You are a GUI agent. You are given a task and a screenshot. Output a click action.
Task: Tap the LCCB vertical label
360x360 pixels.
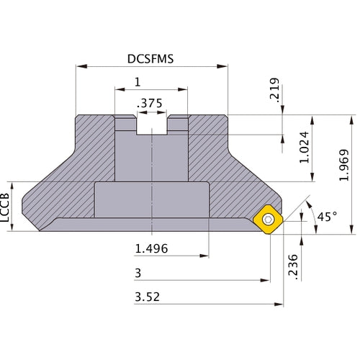(6, 208)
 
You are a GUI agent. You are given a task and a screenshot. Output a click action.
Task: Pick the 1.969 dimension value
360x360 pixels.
(345, 165)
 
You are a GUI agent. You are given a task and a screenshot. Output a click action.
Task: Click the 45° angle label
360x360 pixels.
(325, 216)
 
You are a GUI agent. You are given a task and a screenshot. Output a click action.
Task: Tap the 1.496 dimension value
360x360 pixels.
(153, 249)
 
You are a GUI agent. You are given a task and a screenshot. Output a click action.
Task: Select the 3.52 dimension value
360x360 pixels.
(147, 297)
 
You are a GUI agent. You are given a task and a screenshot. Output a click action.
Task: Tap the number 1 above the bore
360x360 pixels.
(137, 82)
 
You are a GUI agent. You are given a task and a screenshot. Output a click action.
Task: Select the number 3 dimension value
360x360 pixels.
(138, 273)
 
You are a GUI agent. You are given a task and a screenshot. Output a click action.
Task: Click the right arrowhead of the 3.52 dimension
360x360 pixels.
(279, 304)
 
